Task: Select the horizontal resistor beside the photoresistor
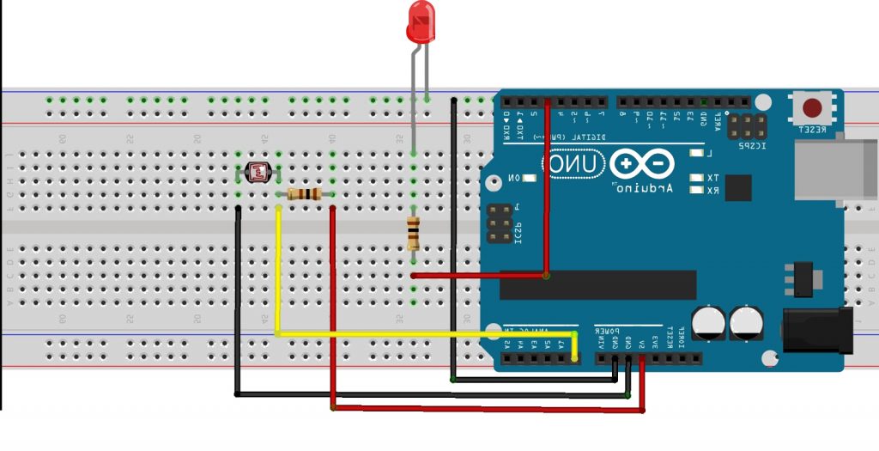[x=305, y=194]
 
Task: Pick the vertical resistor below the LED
[x=414, y=232]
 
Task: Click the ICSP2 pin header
[x=748, y=128]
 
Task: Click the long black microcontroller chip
[x=597, y=284]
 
